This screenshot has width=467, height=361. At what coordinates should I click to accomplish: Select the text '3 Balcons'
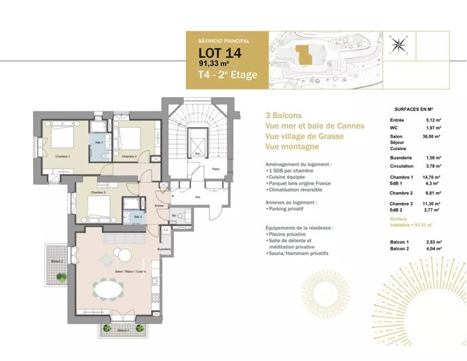(x=284, y=115)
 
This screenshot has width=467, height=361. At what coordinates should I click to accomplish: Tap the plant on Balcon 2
(x=62, y=277)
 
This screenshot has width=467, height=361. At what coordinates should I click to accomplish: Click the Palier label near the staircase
(x=216, y=169)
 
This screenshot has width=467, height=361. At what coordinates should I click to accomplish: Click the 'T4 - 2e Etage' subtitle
(x=227, y=75)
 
